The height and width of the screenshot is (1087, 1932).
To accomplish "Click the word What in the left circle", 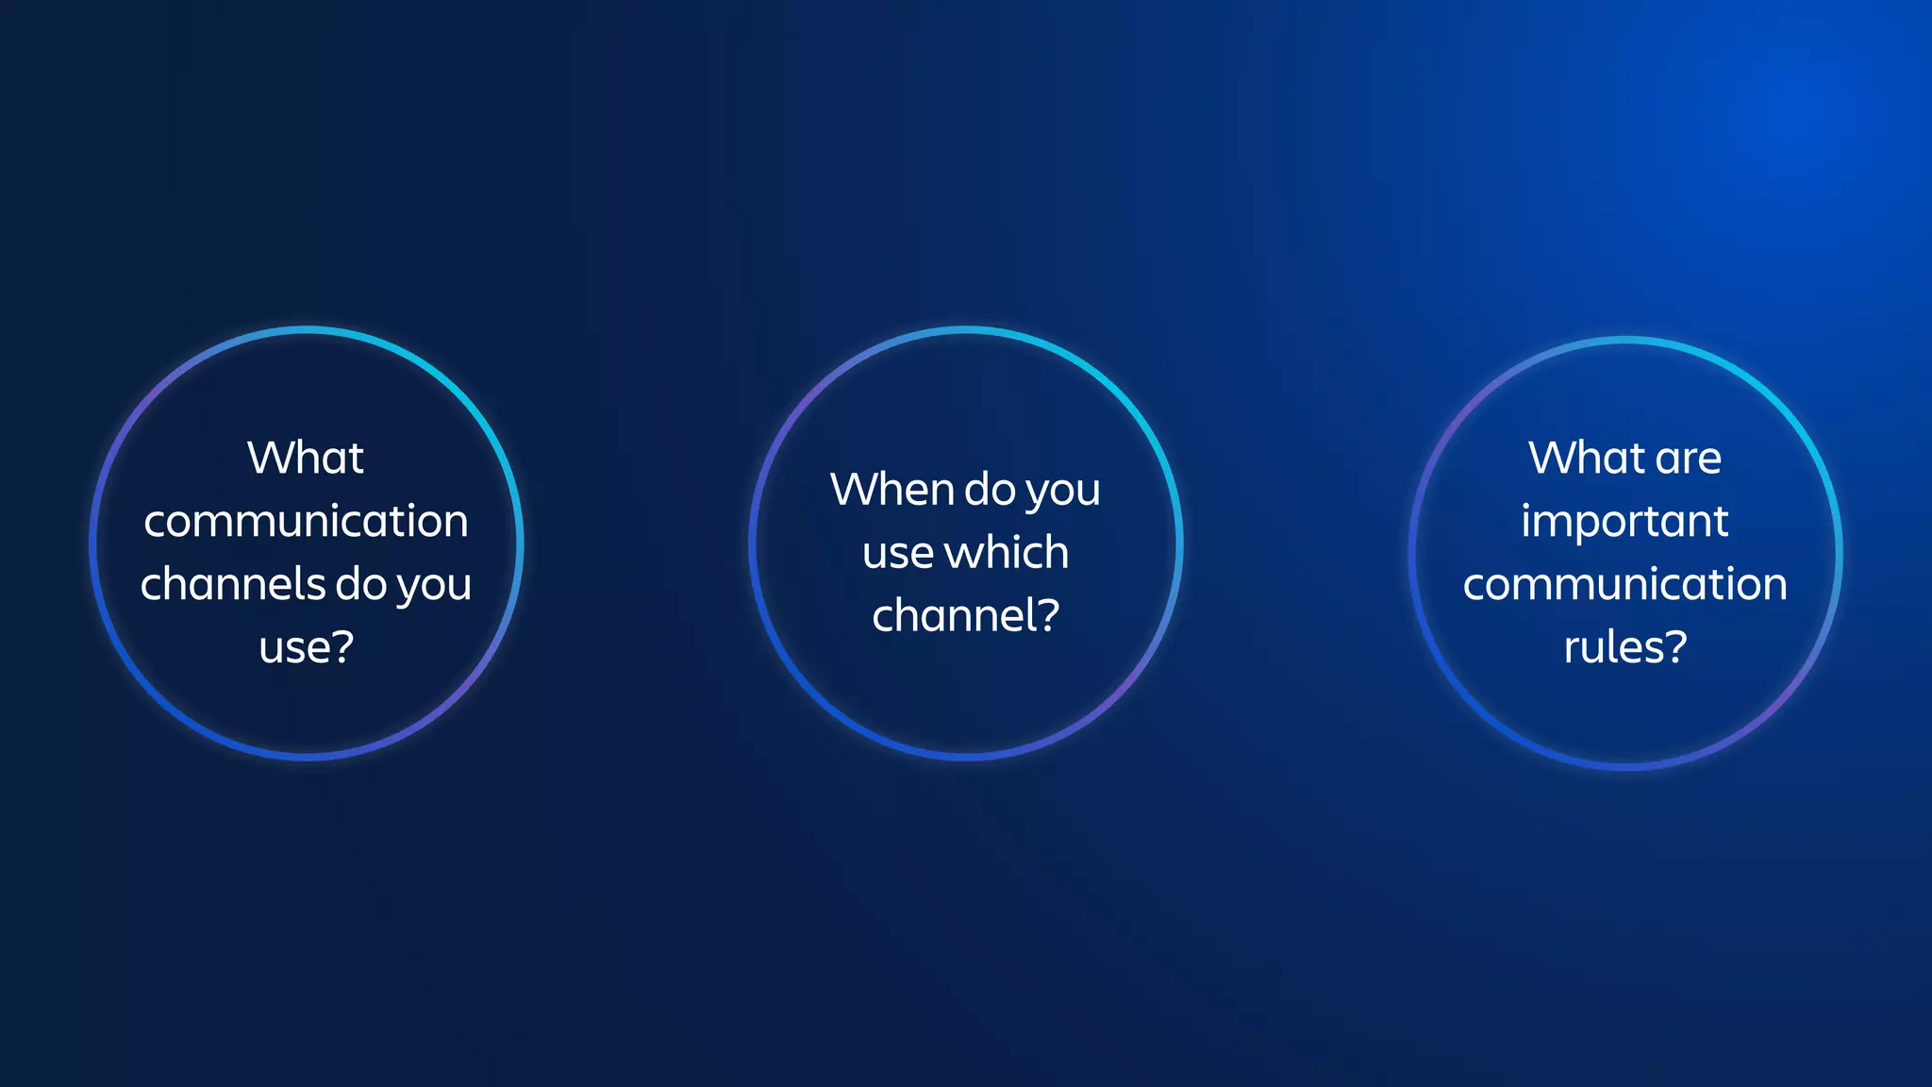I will pos(305,459).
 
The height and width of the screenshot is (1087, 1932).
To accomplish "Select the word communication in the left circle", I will pos(306,522).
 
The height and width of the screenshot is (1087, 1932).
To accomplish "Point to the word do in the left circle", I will pos(361,585).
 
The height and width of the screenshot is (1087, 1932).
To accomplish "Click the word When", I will pos(891,491).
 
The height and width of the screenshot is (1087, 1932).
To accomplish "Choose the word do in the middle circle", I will pos(990,491).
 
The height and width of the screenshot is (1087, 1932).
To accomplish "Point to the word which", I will pos(1007,552).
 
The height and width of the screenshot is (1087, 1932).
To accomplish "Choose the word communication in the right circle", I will pos(1624,585).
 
